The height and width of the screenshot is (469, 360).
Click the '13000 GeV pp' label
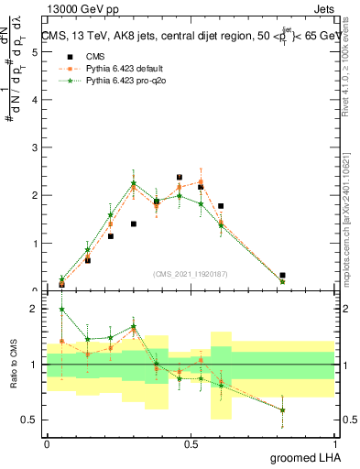(x=76, y=8)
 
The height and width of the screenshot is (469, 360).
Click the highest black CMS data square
(x=179, y=177)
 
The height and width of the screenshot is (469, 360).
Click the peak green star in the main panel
(x=133, y=183)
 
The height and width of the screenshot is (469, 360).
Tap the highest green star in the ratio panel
(x=61, y=310)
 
